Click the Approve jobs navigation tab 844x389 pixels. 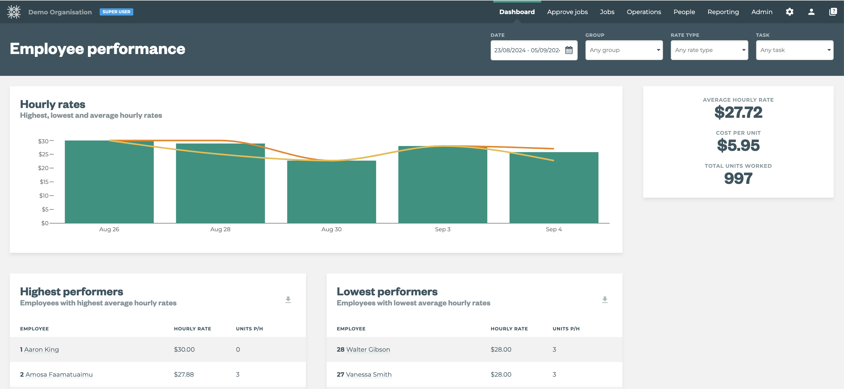point(567,12)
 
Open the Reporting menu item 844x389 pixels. point(723,12)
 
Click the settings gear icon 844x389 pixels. point(789,12)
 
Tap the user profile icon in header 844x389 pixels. point(811,12)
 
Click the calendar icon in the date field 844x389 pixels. point(569,50)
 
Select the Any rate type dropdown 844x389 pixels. point(709,50)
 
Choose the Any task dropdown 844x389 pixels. point(794,50)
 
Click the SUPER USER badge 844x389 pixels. point(116,12)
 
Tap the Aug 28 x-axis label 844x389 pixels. point(220,229)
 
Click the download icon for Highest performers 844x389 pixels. point(288,300)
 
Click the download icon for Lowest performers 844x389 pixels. point(604,300)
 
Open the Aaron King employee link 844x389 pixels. point(41,349)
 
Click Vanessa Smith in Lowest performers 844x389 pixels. point(368,374)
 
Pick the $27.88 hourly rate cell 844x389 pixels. point(184,374)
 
